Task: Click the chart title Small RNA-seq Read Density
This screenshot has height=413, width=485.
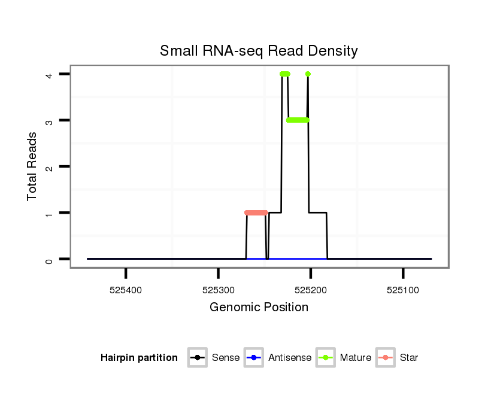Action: (259, 51)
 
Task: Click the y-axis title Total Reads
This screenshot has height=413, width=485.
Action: (32, 166)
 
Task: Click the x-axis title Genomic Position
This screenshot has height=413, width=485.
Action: (259, 308)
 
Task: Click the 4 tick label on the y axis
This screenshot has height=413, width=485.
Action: (50, 74)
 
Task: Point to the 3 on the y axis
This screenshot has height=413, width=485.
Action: (50, 120)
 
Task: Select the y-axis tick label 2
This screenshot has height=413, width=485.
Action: (50, 166)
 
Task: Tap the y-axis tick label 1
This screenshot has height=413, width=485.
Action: (50, 213)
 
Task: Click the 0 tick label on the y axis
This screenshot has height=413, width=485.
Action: (50, 259)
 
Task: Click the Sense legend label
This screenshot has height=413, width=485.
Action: (226, 358)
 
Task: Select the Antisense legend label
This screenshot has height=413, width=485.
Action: (290, 358)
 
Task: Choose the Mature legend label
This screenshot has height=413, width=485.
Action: (356, 358)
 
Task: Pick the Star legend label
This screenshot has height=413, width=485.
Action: (409, 358)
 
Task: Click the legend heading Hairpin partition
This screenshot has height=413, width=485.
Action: (139, 358)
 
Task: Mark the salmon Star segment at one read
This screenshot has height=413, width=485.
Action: (256, 212)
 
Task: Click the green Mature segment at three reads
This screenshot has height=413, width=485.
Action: (298, 120)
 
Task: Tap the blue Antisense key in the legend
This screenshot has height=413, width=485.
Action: (254, 358)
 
